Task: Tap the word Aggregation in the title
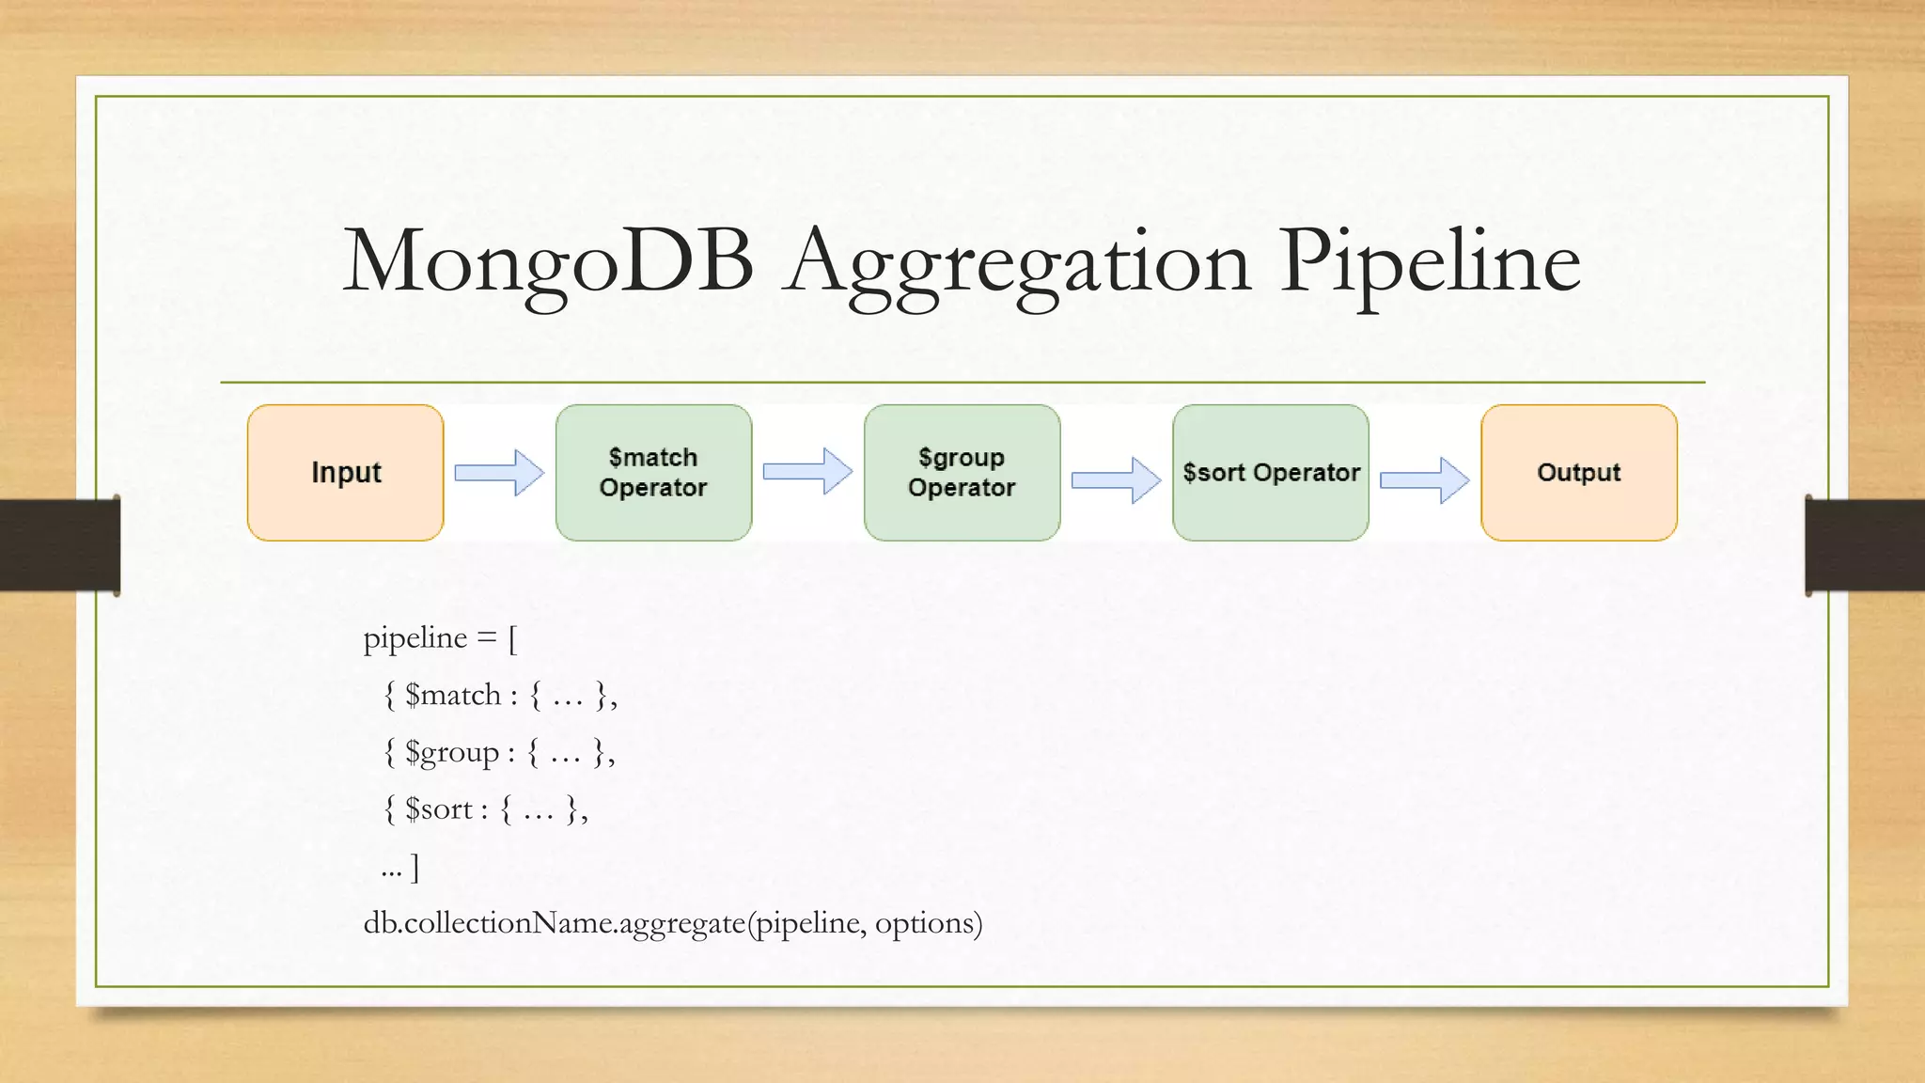[x=1019, y=263]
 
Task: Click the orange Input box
[x=345, y=472]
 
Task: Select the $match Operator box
[x=653, y=472]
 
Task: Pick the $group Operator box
[x=962, y=472]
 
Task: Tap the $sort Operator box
[x=1270, y=472]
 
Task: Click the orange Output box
[x=1578, y=472]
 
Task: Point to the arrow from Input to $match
[x=499, y=472]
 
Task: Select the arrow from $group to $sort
[x=1116, y=480]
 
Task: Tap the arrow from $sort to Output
[x=1424, y=480]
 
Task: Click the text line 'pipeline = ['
[x=440, y=638]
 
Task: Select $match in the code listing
[x=453, y=696]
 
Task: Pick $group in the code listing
[x=452, y=753]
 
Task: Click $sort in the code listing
[x=439, y=809]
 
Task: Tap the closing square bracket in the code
[x=415, y=868]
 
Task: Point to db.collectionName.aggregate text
[x=555, y=923]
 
